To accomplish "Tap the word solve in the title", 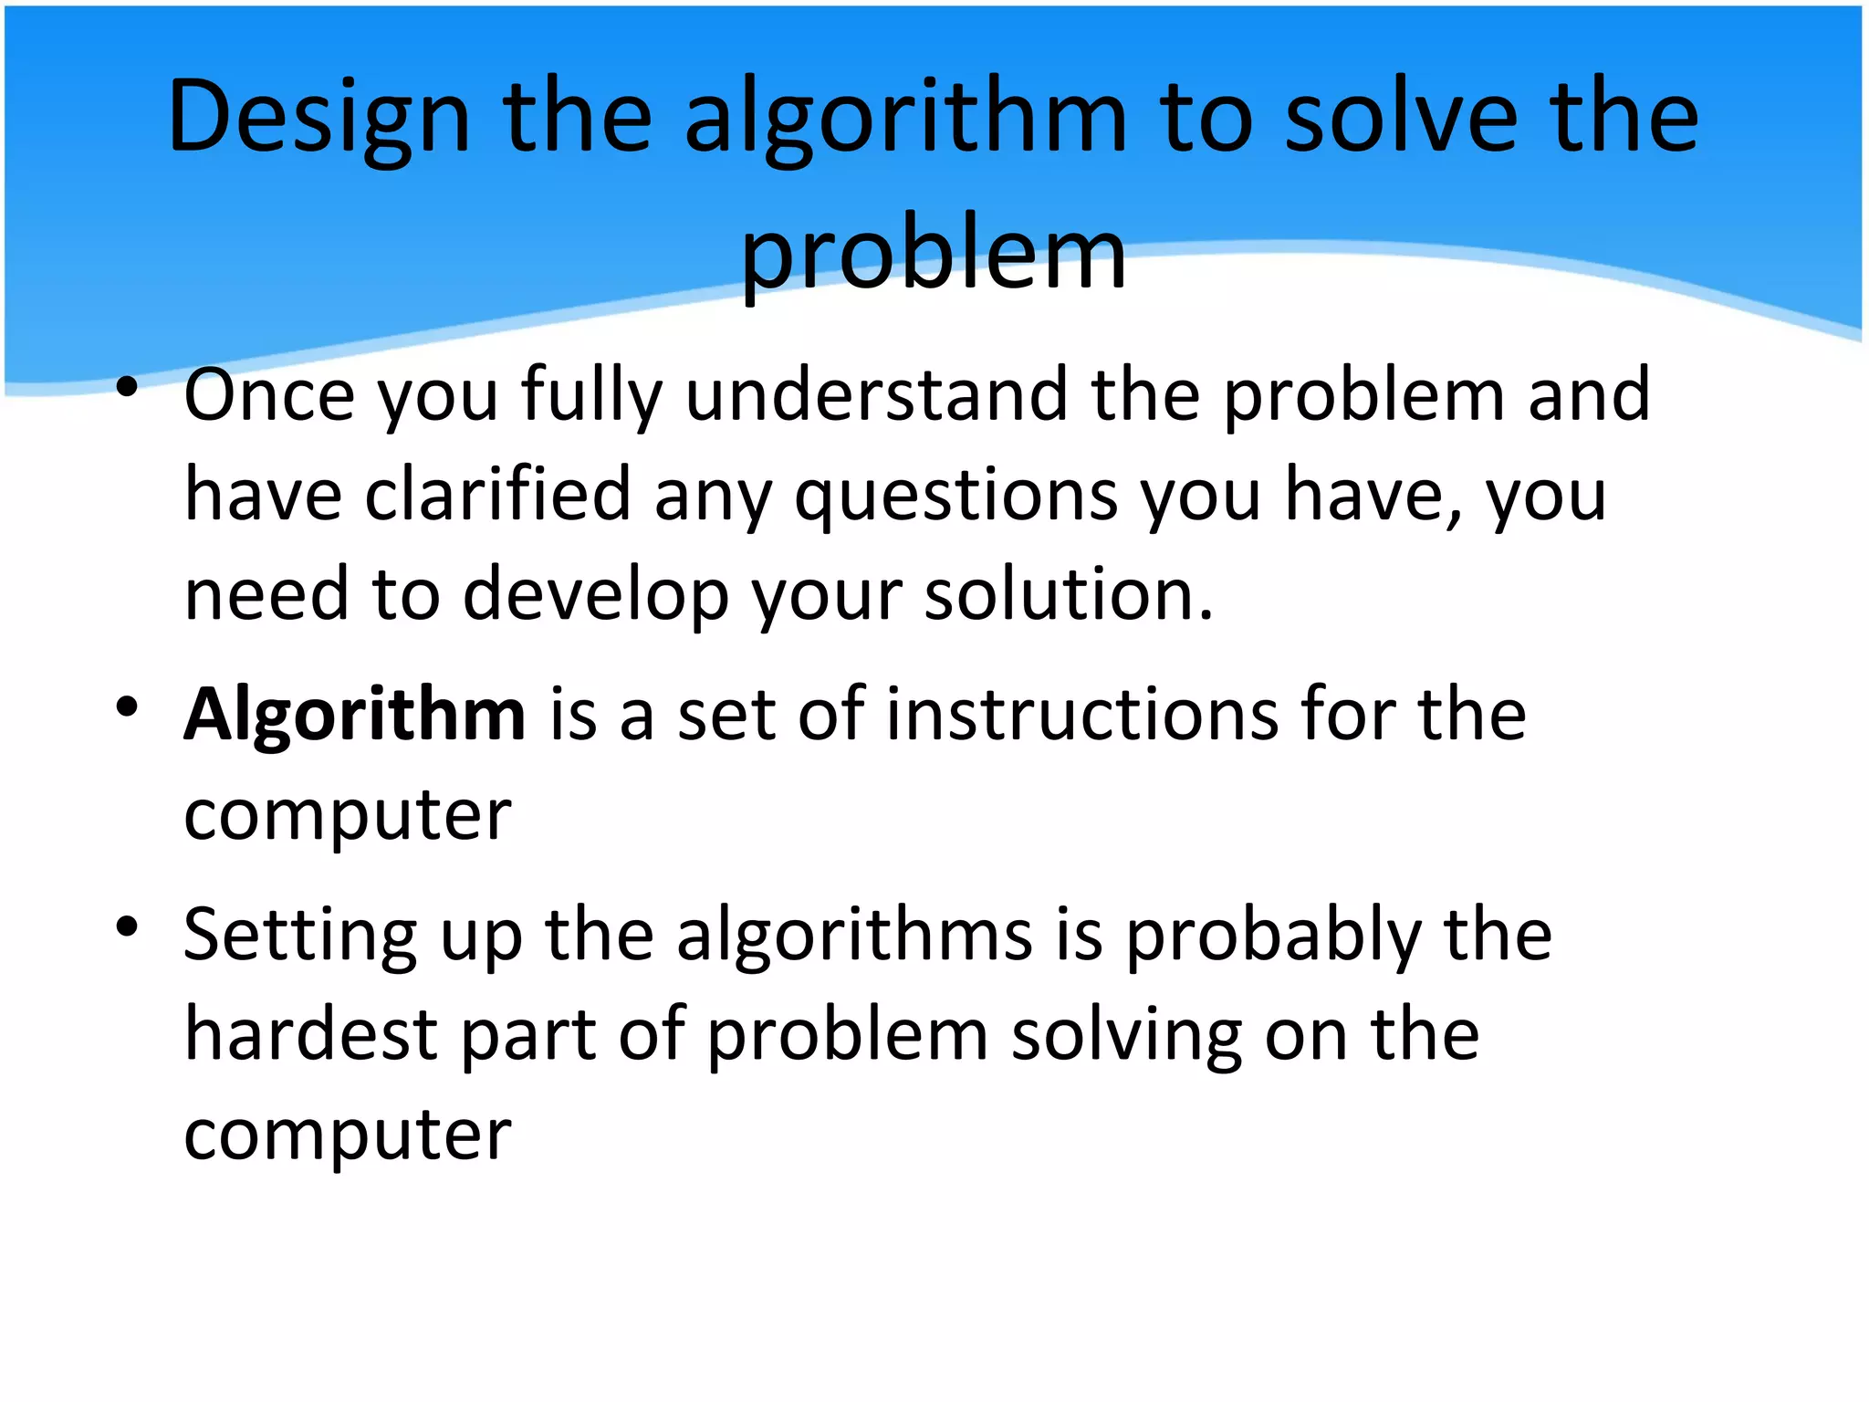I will (1401, 117).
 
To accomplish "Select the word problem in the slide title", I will (933, 254).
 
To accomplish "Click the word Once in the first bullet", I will (269, 395).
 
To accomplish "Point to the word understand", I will (876, 395).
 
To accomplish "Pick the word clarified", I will (498, 495).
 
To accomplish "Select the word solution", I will (1068, 594).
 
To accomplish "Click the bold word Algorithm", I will (354, 715).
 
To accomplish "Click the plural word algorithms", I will (854, 936).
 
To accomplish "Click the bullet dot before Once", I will (127, 387).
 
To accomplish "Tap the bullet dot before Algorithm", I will (127, 706).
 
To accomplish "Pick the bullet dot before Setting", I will (127, 927).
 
